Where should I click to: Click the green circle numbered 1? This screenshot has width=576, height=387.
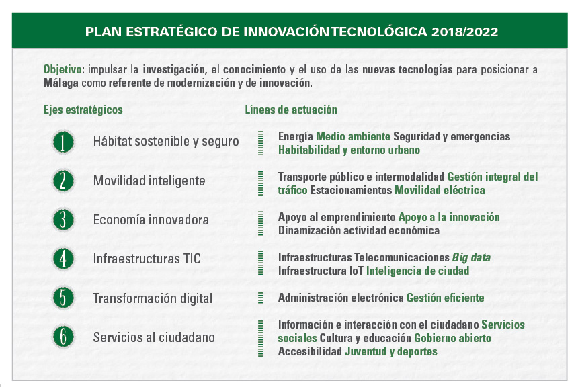[63, 142]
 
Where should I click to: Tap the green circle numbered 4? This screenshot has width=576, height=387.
[63, 259]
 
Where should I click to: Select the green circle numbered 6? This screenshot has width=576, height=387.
[63, 337]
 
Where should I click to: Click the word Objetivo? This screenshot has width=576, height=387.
[63, 69]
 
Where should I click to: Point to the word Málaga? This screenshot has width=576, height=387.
[60, 83]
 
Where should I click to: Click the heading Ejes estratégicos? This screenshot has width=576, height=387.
[83, 110]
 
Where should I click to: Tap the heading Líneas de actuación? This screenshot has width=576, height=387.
[291, 110]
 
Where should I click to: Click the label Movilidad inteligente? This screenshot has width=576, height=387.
[149, 181]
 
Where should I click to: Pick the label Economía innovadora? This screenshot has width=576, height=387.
[151, 220]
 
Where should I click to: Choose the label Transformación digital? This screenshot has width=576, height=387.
[153, 298]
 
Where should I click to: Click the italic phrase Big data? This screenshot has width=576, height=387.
[471, 257]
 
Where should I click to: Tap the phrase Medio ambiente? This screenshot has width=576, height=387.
[353, 136]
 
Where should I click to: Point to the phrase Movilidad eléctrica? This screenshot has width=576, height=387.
[440, 190]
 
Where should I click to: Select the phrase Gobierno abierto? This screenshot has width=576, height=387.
[452, 338]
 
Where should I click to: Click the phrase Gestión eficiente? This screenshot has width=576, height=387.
[445, 298]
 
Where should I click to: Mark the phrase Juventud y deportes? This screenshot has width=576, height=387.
[391, 351]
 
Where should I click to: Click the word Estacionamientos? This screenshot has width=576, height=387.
[352, 190]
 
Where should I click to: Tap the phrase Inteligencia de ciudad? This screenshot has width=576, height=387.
[417, 271]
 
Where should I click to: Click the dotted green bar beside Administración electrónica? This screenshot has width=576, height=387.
[261, 298]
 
